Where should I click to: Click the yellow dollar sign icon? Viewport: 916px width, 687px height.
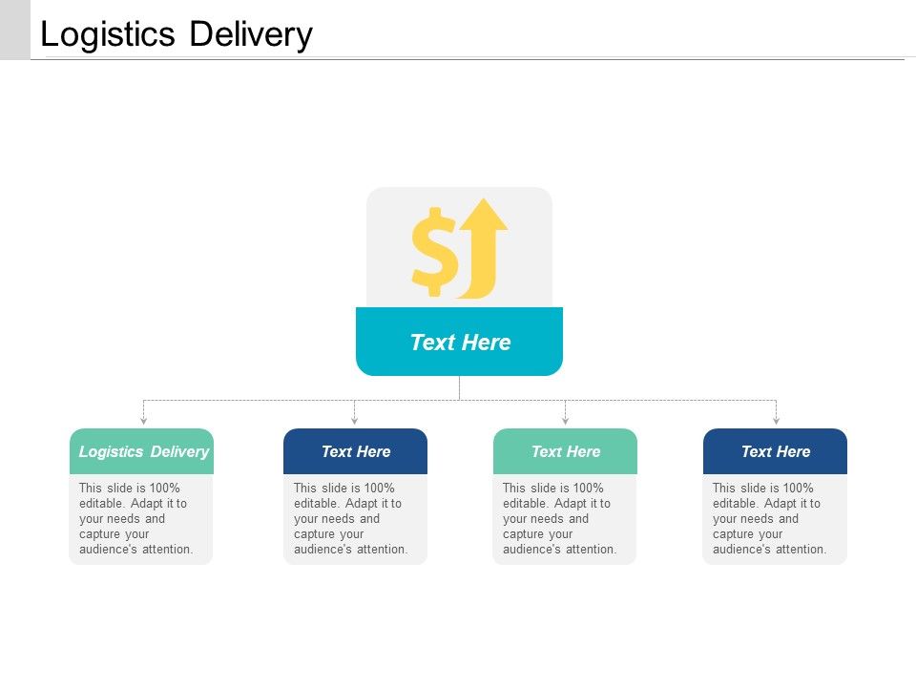(x=433, y=250)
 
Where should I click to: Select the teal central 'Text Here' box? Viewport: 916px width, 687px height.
(x=459, y=342)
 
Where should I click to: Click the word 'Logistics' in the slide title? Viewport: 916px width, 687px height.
(x=108, y=34)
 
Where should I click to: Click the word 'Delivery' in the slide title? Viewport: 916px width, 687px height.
(x=250, y=34)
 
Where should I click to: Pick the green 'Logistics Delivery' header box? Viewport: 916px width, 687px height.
(x=142, y=451)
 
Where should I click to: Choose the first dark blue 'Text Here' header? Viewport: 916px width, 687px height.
(x=355, y=451)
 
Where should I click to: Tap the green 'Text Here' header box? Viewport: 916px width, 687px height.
(x=565, y=451)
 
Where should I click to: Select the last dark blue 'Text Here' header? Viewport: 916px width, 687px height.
(x=775, y=451)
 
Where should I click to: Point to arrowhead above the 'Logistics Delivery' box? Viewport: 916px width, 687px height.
(x=143, y=420)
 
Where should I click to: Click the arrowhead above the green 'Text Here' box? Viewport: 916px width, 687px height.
(x=565, y=420)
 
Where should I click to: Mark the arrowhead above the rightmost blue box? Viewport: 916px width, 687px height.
(x=776, y=420)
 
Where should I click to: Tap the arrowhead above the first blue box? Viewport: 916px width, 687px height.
(x=354, y=420)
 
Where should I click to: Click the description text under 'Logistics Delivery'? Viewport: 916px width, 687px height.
(x=136, y=518)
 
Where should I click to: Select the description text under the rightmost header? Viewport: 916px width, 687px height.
(x=769, y=518)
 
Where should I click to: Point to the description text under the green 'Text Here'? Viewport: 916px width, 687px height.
(x=559, y=518)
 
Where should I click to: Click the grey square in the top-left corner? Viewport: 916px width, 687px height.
(x=15, y=30)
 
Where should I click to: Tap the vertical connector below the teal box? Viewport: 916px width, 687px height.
(x=459, y=387)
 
